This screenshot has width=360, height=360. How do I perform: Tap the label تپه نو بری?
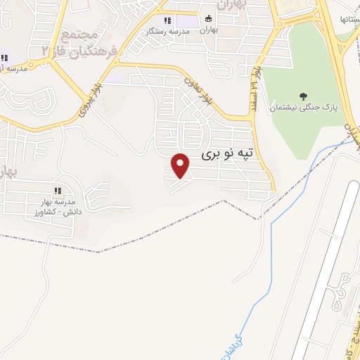click(226, 153)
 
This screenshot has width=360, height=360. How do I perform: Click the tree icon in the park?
click(304, 97)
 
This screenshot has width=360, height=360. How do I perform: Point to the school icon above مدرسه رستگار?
click(167, 21)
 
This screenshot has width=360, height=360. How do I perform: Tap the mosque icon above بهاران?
click(207, 20)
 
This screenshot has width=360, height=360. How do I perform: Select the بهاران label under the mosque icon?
click(208, 30)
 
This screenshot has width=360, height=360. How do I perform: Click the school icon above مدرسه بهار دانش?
click(58, 191)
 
